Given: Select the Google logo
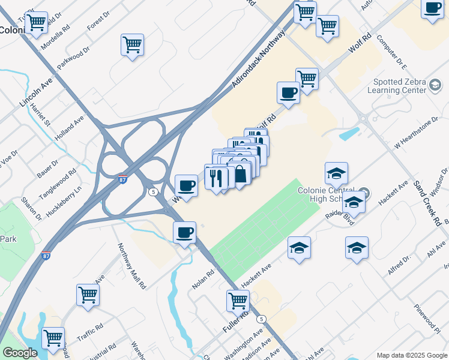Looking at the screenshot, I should pos(20,353).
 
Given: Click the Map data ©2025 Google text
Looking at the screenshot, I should pos(412,355).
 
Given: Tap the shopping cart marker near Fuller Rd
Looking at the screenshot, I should pos(238,300).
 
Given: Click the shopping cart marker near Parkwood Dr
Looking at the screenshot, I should pos(132,44).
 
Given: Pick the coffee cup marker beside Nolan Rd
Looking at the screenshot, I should pos(184,232).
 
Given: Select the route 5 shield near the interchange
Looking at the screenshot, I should pos(154,192).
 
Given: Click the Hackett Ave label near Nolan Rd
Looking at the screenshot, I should pos(256,274).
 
